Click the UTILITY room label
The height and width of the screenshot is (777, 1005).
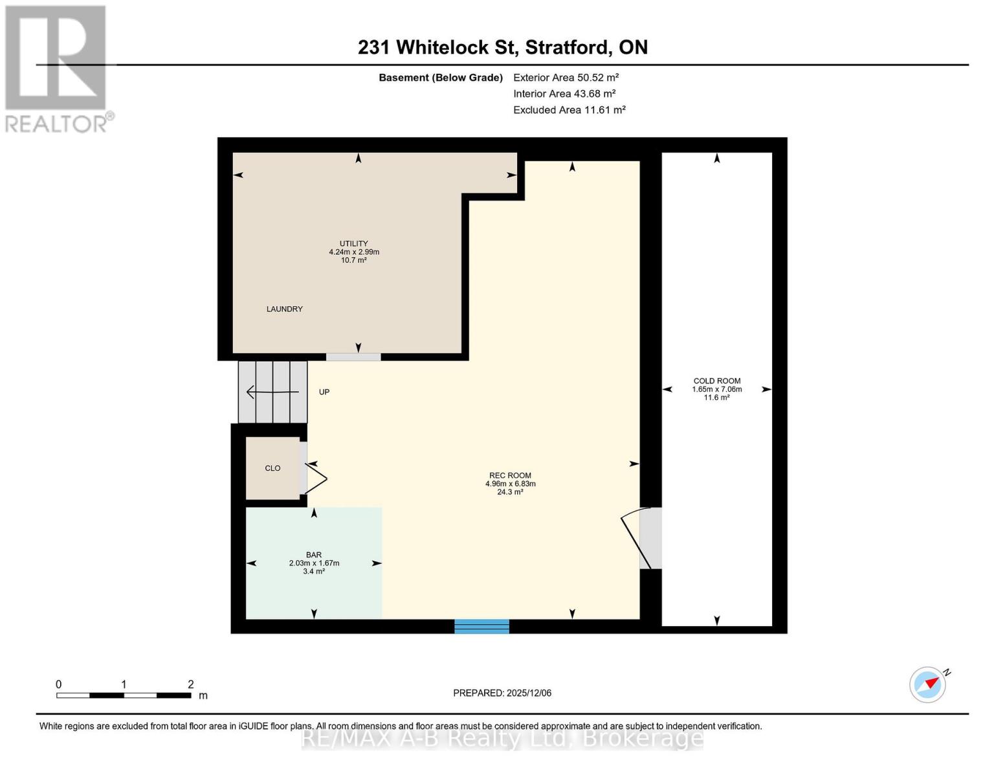pyautogui.click(x=354, y=244)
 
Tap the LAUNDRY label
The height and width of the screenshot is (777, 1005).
pyautogui.click(x=285, y=310)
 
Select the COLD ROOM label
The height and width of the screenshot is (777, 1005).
pyautogui.click(x=717, y=381)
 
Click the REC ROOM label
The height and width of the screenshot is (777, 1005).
pyautogui.click(x=510, y=475)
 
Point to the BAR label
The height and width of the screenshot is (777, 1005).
pyautogui.click(x=314, y=555)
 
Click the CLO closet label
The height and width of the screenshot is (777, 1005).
pyautogui.click(x=272, y=468)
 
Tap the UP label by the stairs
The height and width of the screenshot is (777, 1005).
pyautogui.click(x=324, y=392)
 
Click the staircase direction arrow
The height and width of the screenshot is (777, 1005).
pyautogui.click(x=272, y=392)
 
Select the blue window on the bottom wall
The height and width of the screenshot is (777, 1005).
pyautogui.click(x=481, y=626)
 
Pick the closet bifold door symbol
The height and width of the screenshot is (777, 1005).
pyautogui.click(x=316, y=479)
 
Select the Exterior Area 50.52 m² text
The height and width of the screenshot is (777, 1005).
pyautogui.click(x=566, y=78)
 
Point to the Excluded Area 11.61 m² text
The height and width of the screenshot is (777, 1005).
pyautogui.click(x=569, y=110)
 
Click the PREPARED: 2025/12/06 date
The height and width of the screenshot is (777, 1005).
pyautogui.click(x=502, y=693)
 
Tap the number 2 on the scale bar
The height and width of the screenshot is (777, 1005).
pyautogui.click(x=191, y=684)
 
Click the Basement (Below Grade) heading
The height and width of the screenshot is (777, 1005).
pyautogui.click(x=441, y=78)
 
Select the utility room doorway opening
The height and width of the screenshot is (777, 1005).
pyautogui.click(x=353, y=357)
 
